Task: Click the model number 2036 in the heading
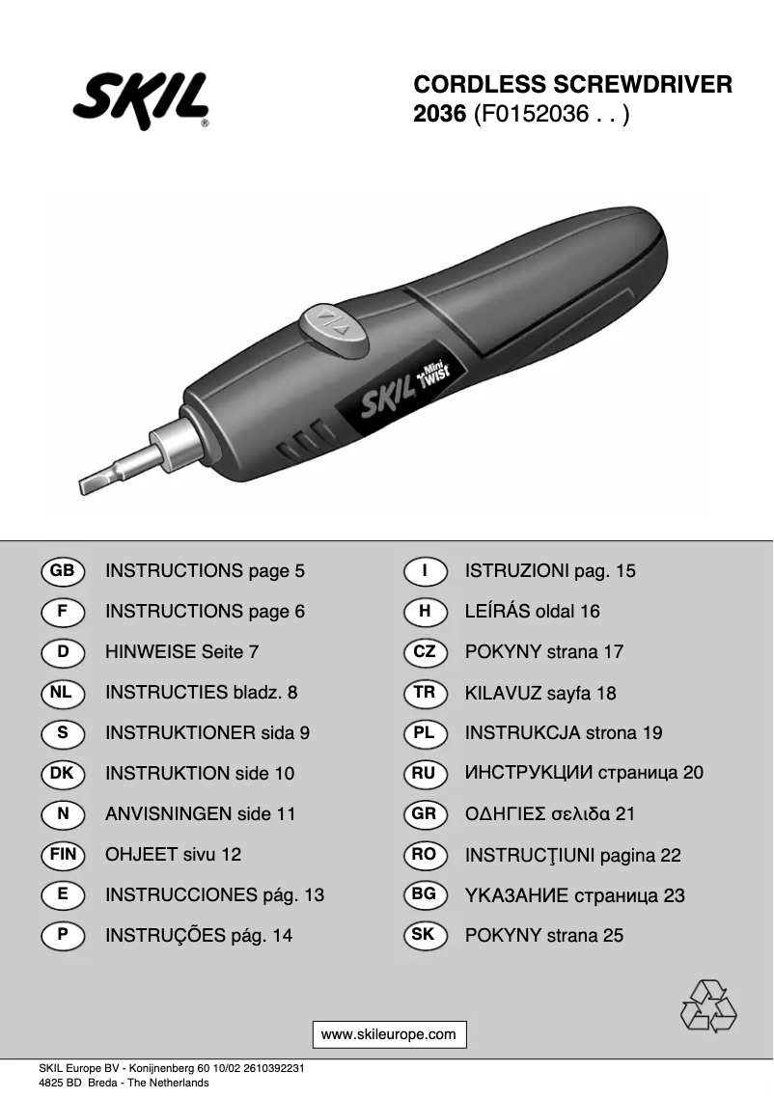pos(440,115)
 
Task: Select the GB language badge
pos(63,570)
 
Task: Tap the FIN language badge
pos(63,854)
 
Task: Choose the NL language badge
pos(63,692)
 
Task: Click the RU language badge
pos(424,773)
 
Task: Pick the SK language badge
pos(424,935)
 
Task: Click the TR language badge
pos(424,692)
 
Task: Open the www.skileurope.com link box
pos(388,1034)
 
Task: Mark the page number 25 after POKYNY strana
pos(613,936)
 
